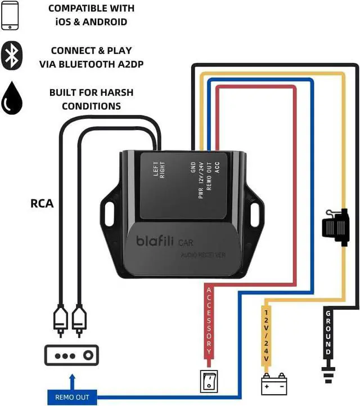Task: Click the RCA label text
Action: pos(42,203)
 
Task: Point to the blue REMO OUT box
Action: pos(71,397)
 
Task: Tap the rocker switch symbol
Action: pos(208,381)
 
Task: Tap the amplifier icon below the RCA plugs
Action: pos(71,355)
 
